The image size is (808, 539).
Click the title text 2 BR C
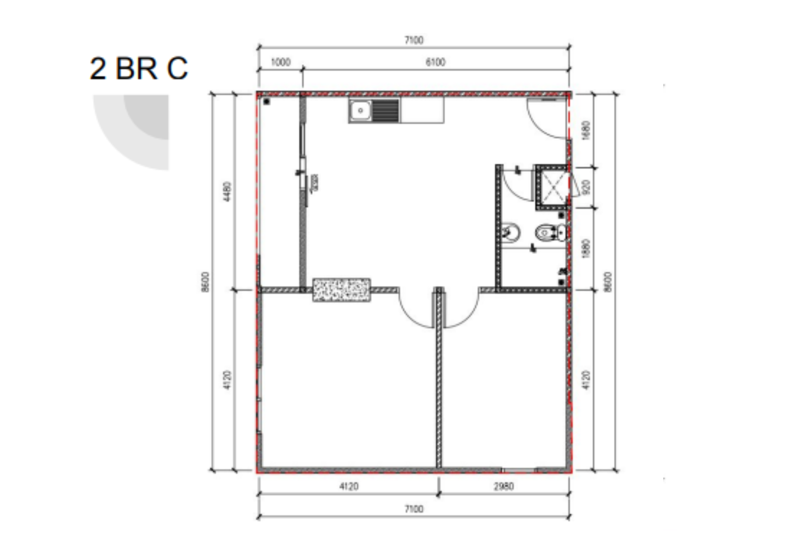point(138,68)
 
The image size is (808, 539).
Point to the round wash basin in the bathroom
point(510,233)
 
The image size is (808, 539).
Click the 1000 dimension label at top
point(281,62)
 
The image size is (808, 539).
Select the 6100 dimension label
point(435,62)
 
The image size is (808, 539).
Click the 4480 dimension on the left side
point(227,191)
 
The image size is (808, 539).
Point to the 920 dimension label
point(586,187)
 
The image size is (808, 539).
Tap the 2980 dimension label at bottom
point(504,486)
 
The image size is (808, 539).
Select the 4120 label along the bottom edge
point(349,486)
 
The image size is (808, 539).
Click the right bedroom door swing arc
point(468,316)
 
